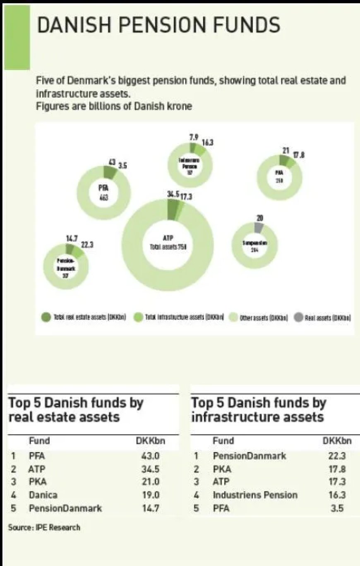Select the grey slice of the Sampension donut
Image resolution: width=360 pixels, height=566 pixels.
(x=258, y=227)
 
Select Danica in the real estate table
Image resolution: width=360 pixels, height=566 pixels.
(x=43, y=494)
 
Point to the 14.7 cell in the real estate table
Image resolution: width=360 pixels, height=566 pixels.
(x=151, y=508)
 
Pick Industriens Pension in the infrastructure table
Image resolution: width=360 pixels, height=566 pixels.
(x=255, y=494)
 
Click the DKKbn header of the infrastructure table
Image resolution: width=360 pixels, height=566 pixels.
(x=337, y=441)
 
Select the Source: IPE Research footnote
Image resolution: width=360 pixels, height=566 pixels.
(x=44, y=527)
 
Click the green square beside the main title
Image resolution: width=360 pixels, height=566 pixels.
(x=17, y=37)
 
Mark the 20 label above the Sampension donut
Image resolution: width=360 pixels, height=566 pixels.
(x=260, y=218)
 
